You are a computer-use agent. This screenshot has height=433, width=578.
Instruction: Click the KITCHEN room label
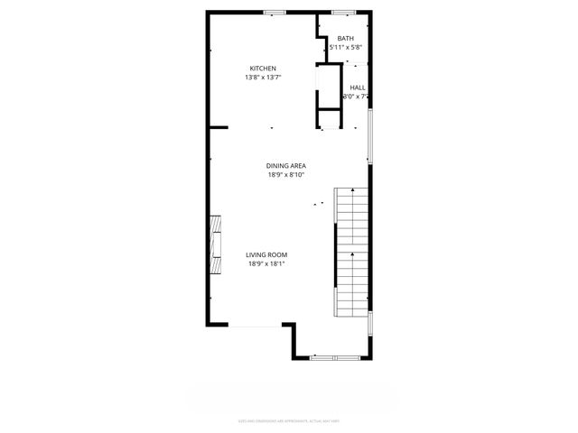tap(263, 69)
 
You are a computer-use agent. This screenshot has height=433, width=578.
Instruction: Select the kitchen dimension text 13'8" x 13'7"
tap(263, 78)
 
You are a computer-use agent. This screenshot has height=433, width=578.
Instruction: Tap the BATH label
tap(345, 39)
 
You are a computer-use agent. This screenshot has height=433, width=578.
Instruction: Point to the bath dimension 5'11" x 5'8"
tap(345, 48)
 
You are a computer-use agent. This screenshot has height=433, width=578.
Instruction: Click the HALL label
tap(357, 88)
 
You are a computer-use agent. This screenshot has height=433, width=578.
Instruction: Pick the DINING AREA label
tap(286, 165)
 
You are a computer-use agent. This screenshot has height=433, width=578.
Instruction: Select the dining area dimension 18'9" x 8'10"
tap(286, 175)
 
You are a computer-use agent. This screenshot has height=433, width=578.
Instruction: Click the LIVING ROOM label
tap(266, 255)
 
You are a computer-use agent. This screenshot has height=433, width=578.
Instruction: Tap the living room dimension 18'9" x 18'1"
tap(266, 264)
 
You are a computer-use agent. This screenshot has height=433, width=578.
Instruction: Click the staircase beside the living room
tap(351, 252)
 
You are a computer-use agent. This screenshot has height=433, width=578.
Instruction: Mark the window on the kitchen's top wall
tap(275, 12)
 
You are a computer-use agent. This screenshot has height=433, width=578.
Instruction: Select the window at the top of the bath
tap(343, 12)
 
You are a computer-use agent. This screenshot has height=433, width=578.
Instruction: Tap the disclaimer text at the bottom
tap(288, 419)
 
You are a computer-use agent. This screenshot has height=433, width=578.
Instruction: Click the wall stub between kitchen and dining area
tap(219, 128)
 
